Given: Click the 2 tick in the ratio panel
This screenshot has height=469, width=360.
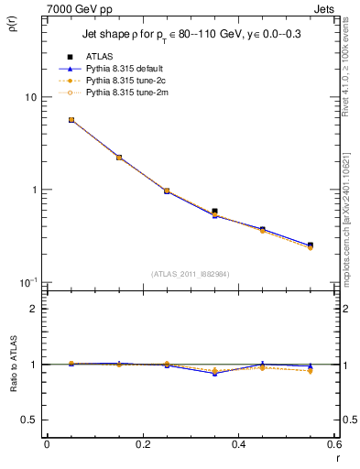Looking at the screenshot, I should [34, 309].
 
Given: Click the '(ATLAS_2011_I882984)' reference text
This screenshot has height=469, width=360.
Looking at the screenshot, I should [191, 274].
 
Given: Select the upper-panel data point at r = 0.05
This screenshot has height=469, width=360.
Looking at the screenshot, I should [71, 120].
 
